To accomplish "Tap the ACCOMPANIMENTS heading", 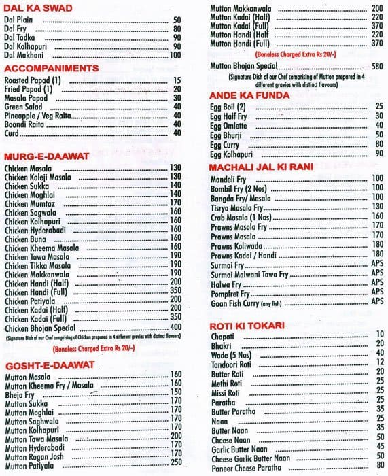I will tap(51, 68).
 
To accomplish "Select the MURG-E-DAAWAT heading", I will tap(46, 156).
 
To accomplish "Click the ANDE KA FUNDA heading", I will tap(250, 95).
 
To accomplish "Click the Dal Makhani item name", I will tap(24, 55).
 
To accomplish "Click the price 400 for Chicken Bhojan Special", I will tap(175, 328).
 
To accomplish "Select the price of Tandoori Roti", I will tap(379, 362).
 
